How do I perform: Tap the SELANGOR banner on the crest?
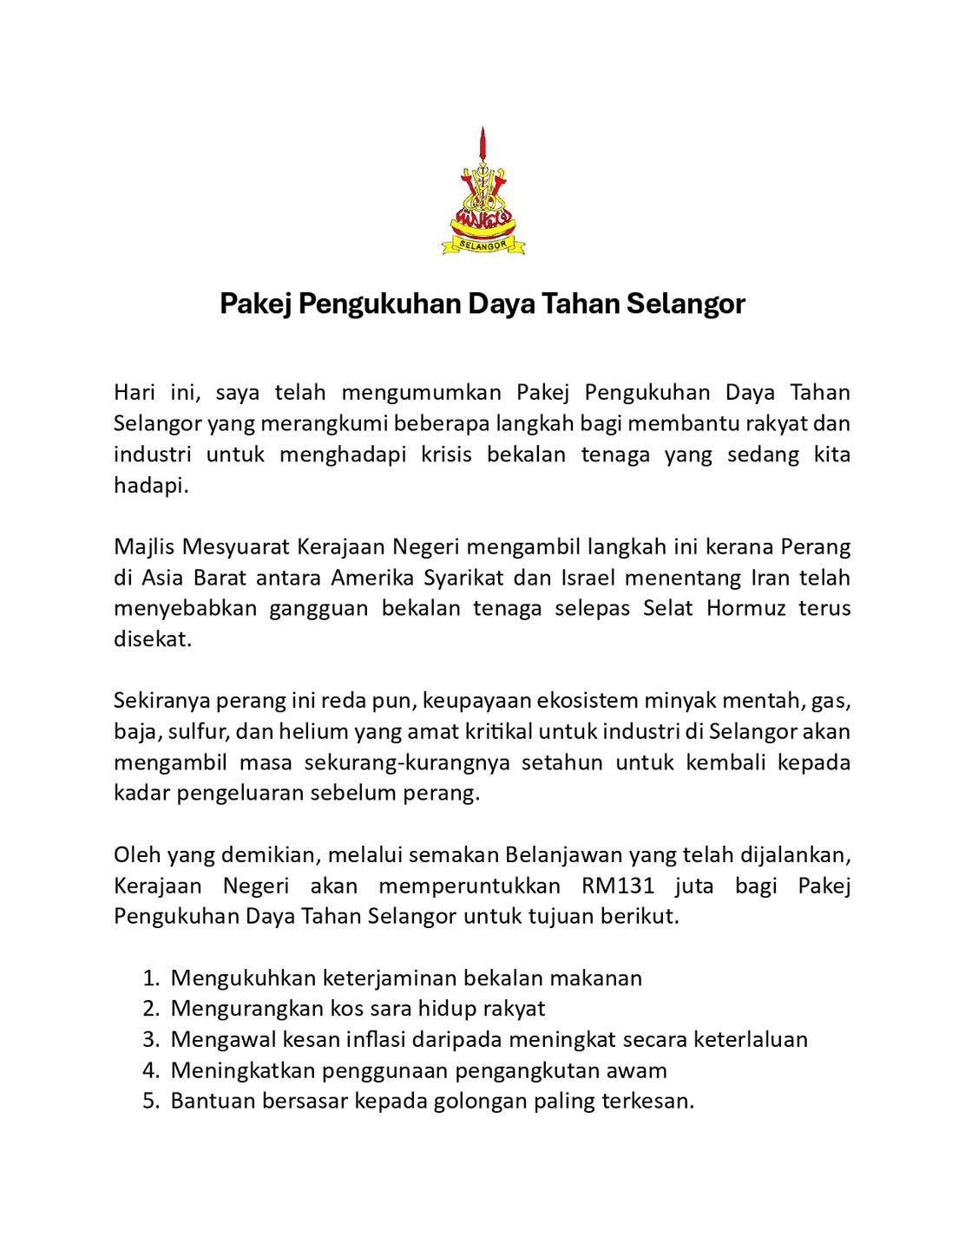(x=482, y=246)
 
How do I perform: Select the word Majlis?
(x=143, y=547)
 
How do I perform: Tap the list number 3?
(x=150, y=1039)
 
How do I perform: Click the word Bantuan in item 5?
(x=210, y=1102)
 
